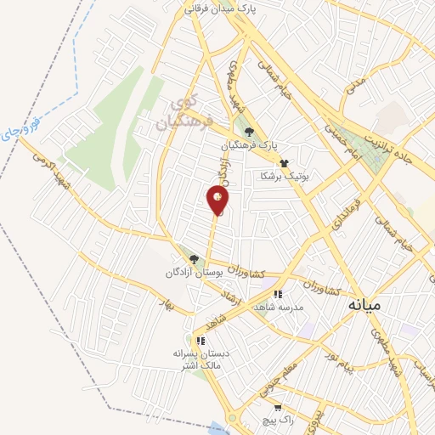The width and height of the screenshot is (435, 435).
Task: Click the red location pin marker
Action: tap(217, 200)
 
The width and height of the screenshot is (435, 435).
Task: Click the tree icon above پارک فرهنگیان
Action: tap(248, 132)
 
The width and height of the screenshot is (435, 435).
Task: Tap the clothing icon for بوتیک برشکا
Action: tap(283, 162)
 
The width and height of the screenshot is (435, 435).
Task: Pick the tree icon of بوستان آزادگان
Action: tap(194, 260)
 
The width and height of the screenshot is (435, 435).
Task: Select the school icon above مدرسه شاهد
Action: tap(278, 295)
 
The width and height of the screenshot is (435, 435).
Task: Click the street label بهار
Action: tap(168, 306)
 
